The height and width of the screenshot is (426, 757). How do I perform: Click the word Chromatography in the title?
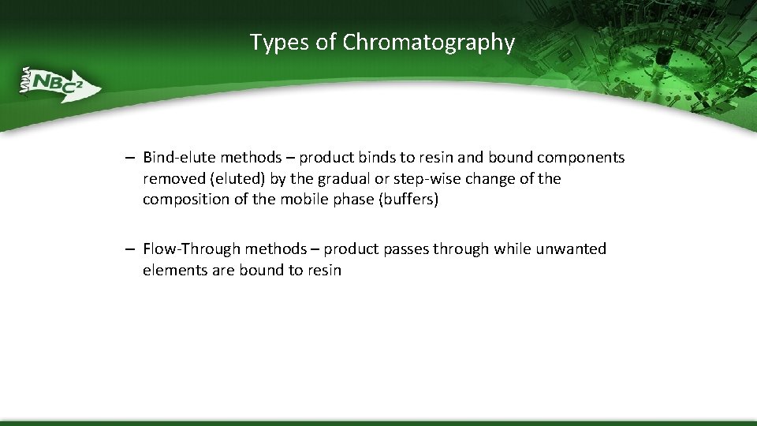(x=428, y=43)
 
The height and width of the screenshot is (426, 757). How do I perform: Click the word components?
(x=581, y=158)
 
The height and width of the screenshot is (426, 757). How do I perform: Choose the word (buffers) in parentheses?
(x=408, y=200)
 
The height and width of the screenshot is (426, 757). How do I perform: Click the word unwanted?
(x=571, y=249)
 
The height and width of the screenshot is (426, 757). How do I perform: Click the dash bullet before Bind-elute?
(x=128, y=158)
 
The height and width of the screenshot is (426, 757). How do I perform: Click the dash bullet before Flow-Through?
(x=128, y=249)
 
